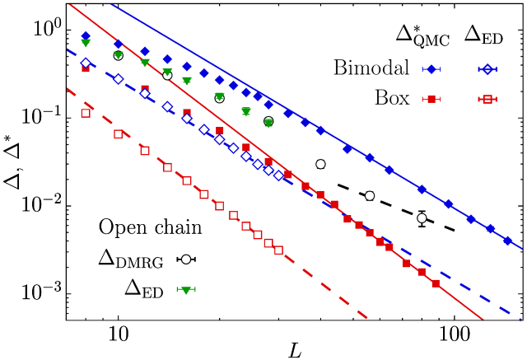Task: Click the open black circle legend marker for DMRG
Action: tap(188, 259)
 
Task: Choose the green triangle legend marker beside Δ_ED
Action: tap(188, 290)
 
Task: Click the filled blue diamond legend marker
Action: tap(429, 69)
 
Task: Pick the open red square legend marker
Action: tap(487, 99)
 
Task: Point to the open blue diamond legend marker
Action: tap(487, 69)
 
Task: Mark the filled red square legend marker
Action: tap(429, 99)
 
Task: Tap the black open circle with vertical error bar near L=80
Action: tap(422, 218)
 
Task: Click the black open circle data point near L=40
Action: tap(320, 164)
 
